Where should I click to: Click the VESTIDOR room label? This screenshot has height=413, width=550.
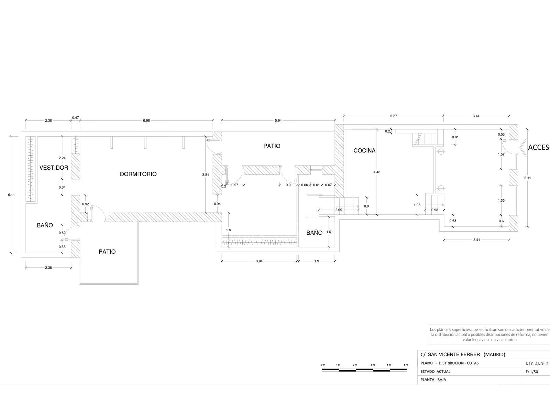tap(54, 168)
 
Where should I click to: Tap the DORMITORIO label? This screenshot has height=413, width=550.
tap(138, 174)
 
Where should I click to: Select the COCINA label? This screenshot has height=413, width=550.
tap(364, 150)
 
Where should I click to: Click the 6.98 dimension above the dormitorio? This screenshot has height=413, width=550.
tap(146, 120)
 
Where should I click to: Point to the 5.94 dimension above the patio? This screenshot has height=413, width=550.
tap(278, 120)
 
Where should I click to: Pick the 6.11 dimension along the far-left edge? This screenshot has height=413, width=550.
tap(11, 194)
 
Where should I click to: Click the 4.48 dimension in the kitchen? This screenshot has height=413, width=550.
tap(377, 172)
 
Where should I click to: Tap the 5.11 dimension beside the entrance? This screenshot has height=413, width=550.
tap(527, 178)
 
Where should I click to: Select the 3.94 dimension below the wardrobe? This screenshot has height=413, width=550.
tap(259, 261)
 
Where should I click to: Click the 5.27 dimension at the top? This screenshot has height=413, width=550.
tap(394, 116)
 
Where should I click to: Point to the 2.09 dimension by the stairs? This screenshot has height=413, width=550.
tap(339, 210)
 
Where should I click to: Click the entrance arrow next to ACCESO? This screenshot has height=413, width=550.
tap(523, 148)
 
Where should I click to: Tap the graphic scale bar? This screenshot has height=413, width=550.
tap(364, 370)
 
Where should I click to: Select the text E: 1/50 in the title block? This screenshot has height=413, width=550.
tap(532, 372)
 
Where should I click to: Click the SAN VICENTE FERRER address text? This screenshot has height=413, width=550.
tap(454, 354)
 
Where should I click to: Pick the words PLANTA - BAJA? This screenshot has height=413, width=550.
tap(433, 380)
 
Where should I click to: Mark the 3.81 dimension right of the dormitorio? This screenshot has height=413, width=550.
tap(206, 175)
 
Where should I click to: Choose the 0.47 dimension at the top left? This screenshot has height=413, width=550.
tap(75, 118)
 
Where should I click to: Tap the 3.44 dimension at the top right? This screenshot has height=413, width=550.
tap(476, 116)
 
